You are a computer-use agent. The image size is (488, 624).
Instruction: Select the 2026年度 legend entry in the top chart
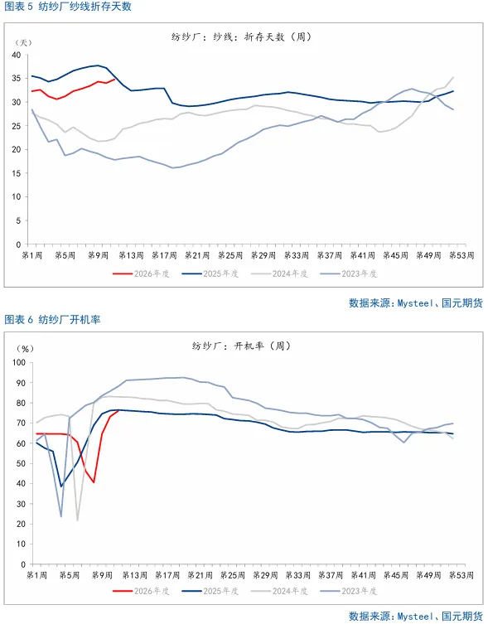point(149,273)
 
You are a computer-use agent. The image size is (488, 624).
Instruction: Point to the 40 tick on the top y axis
point(16,55)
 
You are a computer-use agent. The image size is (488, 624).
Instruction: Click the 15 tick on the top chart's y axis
point(16,173)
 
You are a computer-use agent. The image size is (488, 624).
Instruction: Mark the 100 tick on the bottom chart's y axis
point(14,362)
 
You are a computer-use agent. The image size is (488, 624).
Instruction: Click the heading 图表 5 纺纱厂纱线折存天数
point(68,7)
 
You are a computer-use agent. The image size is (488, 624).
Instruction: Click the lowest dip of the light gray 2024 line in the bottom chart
point(78,520)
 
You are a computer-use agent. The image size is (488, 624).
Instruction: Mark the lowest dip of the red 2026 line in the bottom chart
point(94,482)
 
